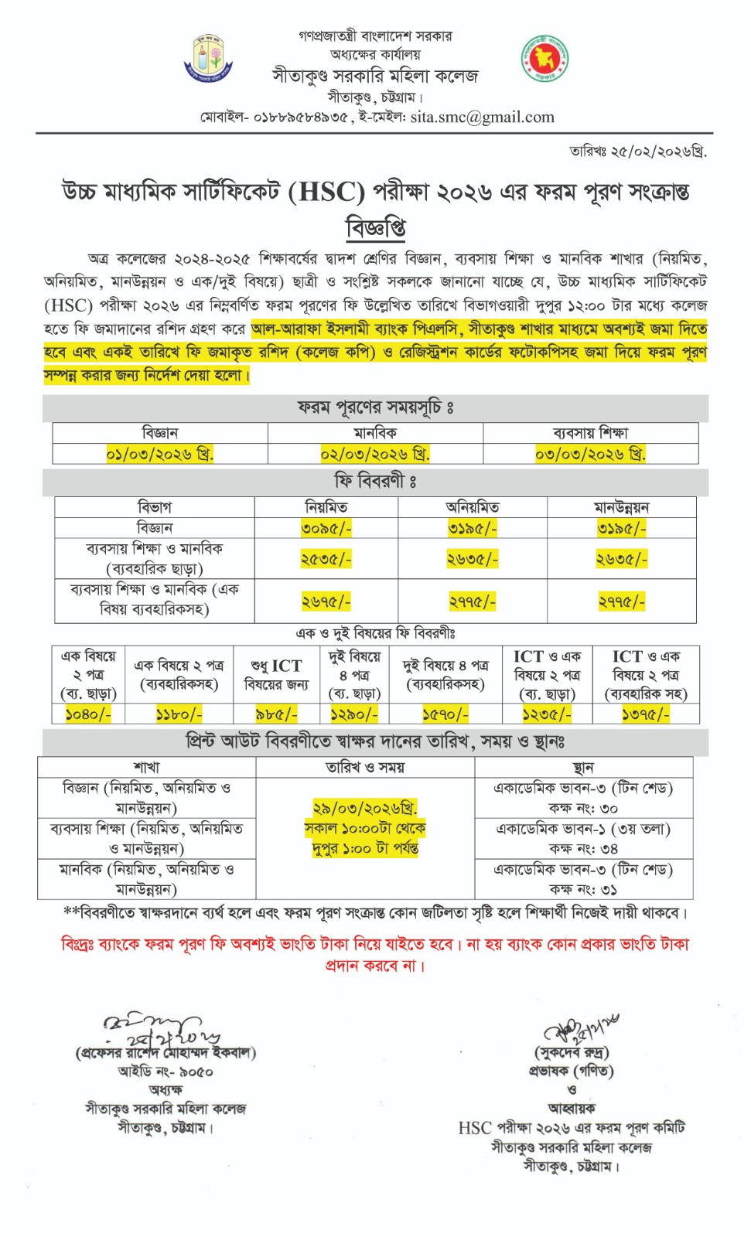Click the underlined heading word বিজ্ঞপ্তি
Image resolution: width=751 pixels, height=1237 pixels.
coord(375,227)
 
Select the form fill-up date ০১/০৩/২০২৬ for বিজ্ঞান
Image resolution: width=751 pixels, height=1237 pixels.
coord(159,454)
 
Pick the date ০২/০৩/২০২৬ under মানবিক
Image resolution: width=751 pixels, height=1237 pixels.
coord(375,454)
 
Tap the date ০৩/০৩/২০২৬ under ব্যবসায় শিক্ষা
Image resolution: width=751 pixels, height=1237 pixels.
coord(590,454)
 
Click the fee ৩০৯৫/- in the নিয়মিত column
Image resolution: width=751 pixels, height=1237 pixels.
coord(326,528)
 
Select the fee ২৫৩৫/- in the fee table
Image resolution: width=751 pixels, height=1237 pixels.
coord(326,559)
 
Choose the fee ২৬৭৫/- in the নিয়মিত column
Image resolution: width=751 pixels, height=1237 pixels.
coord(326,601)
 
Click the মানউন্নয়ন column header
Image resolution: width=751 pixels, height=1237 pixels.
coord(621,507)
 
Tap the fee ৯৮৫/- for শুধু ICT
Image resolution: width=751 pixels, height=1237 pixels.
coord(276,714)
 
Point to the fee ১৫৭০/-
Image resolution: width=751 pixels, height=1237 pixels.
coord(445,714)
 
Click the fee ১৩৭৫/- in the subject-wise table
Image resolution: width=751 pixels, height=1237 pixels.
coord(645,714)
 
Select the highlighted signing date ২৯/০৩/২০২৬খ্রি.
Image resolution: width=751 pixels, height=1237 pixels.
coord(365,808)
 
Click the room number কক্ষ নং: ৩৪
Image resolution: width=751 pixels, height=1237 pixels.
coord(583,849)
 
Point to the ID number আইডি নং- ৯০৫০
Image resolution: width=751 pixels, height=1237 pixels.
coord(166,1072)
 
